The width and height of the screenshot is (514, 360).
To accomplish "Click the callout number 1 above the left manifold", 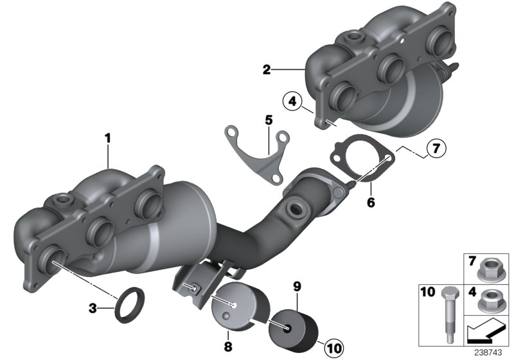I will click(109, 138).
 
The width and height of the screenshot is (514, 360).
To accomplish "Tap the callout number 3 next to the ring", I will click(93, 309).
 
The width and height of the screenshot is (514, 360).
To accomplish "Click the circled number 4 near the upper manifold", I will click(292, 101).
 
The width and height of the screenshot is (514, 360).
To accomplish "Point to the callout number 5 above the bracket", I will click(269, 120).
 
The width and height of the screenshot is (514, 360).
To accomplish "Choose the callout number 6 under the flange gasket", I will click(371, 202).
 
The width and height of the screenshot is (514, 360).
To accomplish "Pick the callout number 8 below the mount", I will click(227, 347).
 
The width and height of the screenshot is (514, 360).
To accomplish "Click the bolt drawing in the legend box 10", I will click(447, 309).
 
